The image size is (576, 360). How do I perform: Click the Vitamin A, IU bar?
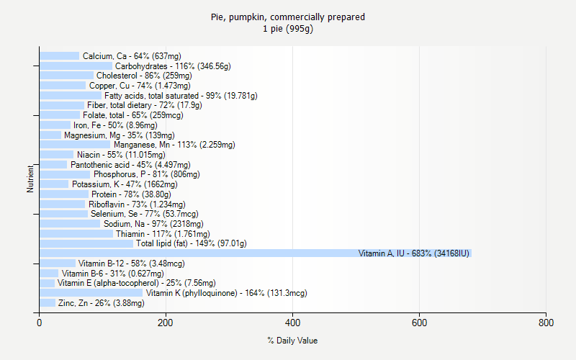[255, 253]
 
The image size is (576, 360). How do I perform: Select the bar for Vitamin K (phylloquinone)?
[91, 293]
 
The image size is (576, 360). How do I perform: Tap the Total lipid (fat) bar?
[86, 243]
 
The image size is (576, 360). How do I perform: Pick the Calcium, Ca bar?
[59, 55]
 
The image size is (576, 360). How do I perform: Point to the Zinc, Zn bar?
[48, 303]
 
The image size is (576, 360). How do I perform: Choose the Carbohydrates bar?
[76, 66]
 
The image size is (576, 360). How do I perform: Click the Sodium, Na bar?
[70, 224]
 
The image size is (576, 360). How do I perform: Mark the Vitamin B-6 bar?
[49, 274]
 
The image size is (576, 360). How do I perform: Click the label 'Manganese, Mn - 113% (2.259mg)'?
[174, 145]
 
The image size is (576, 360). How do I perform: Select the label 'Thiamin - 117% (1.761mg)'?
[163, 234]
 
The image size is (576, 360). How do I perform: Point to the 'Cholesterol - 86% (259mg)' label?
[144, 76]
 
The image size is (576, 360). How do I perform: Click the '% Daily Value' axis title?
[292, 341]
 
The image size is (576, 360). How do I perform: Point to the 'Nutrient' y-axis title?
[30, 179]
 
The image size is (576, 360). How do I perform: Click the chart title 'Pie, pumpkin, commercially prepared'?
[288, 17]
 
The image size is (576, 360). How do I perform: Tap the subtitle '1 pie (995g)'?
[288, 29]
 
